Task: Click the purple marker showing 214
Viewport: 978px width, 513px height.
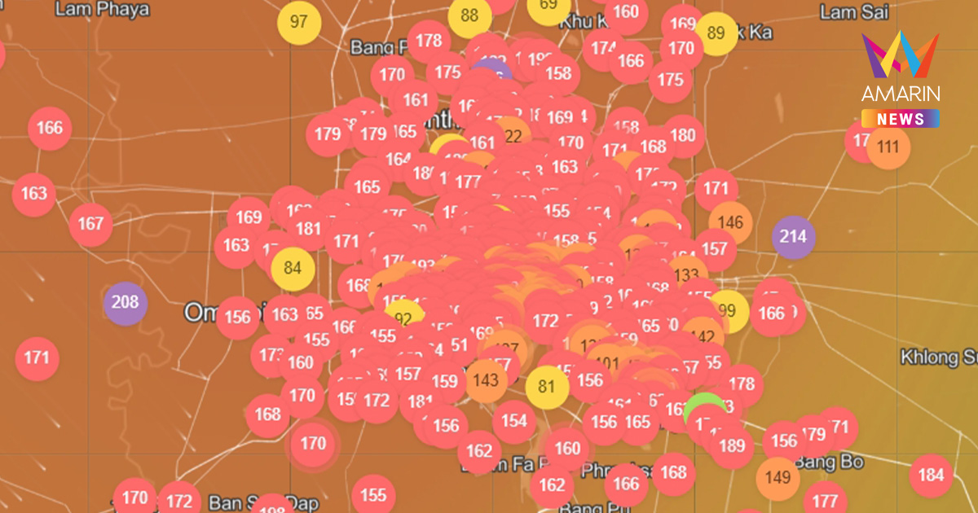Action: tap(793, 237)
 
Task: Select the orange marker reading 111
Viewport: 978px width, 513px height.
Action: tap(888, 147)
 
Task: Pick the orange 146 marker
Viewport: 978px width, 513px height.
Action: tap(730, 222)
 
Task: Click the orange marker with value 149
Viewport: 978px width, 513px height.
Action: tap(778, 477)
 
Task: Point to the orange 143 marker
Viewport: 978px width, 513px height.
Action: tap(485, 380)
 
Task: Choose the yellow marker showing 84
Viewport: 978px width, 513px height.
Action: tap(293, 268)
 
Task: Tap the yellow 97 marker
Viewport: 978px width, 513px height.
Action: tap(299, 21)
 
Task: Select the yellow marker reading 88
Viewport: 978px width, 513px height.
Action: tap(469, 16)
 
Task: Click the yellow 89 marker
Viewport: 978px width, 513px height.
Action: tap(716, 33)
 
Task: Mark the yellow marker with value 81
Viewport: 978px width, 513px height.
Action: tap(546, 386)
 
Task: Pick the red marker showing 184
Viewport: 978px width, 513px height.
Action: tap(931, 475)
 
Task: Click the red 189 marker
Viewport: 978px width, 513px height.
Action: tap(732, 445)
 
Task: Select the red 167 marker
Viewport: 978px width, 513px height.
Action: tap(91, 224)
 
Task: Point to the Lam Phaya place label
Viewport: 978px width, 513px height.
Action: tap(103, 10)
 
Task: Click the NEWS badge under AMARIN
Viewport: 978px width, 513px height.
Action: tap(901, 119)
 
